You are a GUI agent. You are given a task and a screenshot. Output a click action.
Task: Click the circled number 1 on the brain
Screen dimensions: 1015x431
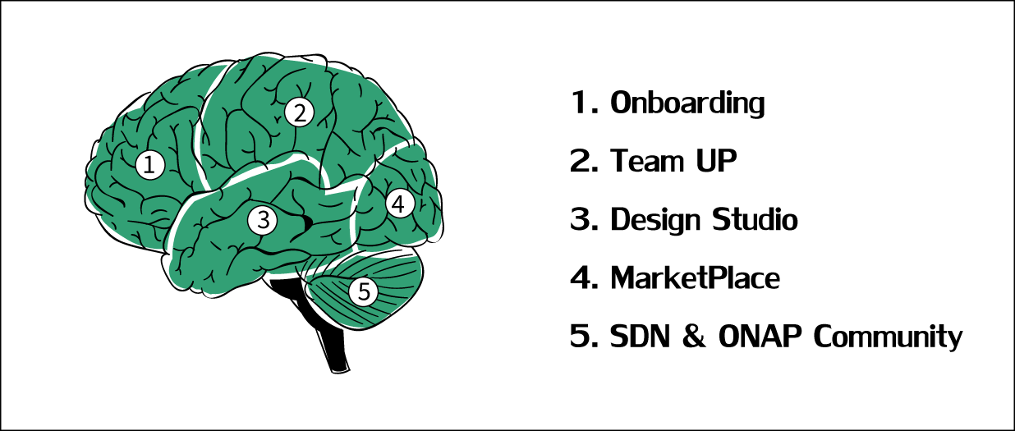click(149, 165)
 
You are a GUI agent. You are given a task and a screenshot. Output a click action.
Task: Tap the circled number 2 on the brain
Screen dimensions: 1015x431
click(300, 112)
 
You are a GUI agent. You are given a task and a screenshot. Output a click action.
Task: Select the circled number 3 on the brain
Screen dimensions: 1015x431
click(263, 220)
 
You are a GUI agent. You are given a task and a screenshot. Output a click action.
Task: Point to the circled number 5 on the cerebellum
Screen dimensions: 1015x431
click(364, 291)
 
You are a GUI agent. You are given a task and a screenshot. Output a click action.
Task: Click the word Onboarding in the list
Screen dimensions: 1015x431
click(687, 103)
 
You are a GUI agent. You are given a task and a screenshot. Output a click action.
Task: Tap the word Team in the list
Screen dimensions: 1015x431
click(646, 160)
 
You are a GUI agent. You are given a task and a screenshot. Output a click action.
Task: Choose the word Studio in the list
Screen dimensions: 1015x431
click(755, 219)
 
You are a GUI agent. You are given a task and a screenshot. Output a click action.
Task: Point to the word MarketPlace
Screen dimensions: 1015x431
click(695, 277)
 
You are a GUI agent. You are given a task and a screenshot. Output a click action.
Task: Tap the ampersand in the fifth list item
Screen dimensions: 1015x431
click(694, 336)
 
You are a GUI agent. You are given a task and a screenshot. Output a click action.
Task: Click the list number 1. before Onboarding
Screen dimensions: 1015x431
click(585, 102)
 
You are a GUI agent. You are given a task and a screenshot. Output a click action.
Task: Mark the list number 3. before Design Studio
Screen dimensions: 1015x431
click(584, 219)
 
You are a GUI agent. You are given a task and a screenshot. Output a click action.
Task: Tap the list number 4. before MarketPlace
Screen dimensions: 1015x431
click(584, 277)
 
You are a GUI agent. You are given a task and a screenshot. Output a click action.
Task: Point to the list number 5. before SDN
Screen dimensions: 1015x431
click(584, 336)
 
